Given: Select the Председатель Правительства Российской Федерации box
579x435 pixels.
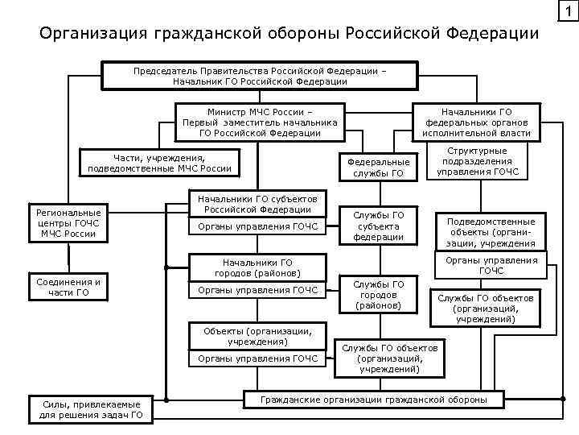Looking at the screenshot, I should click(x=260, y=76).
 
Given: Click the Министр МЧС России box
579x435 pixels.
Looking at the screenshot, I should click(x=260, y=122).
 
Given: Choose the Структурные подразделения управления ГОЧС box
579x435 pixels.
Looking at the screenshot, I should click(x=477, y=161).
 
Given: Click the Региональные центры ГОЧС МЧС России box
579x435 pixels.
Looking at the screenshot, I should click(x=69, y=222).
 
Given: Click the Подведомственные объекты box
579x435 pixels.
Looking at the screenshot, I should click(x=491, y=232).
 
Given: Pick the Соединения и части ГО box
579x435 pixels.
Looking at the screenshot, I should click(x=69, y=287).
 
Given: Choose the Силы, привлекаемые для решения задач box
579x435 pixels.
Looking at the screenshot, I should click(x=91, y=409).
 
